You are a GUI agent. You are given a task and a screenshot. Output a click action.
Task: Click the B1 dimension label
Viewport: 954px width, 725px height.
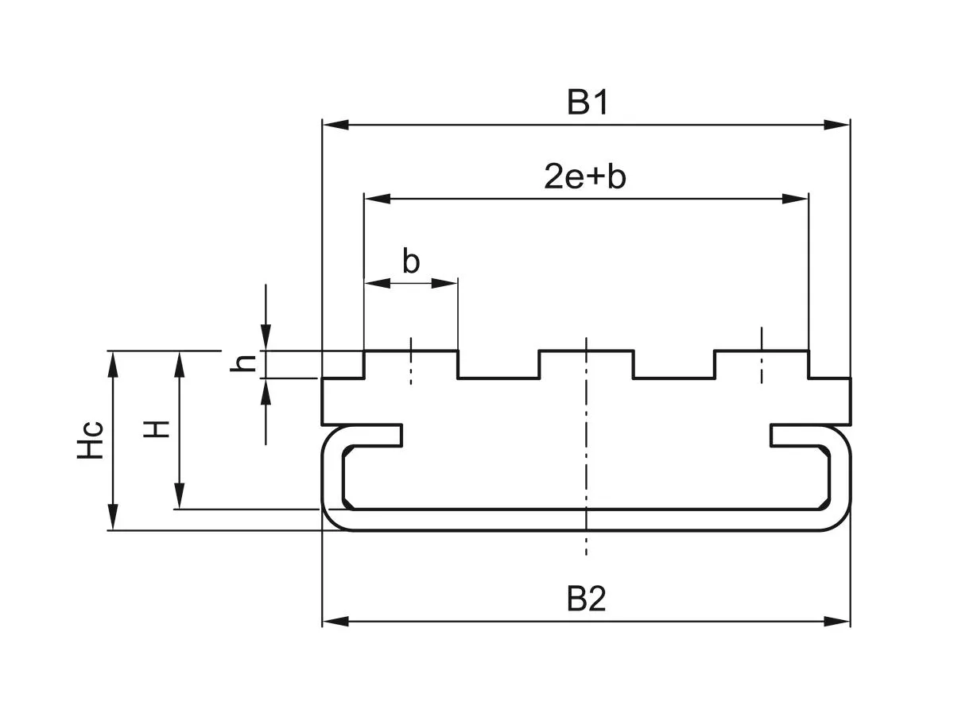click(x=587, y=103)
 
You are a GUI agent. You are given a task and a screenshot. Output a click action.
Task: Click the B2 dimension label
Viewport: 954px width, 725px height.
click(x=587, y=599)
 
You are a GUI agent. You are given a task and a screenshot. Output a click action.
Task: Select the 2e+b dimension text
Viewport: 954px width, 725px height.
click(x=585, y=177)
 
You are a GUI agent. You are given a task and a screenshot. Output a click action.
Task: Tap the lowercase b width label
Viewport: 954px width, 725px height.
click(x=410, y=262)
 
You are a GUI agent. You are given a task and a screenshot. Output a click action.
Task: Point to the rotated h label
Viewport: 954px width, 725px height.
click(x=247, y=363)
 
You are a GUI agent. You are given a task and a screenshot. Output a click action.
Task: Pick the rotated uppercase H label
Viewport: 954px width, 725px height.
click(x=157, y=429)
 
